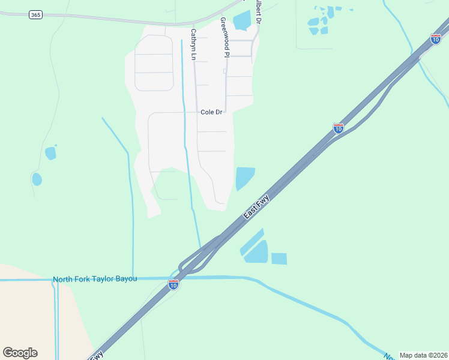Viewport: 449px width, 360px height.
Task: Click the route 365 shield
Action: tap(35, 14)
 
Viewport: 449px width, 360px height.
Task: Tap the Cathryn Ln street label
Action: tap(193, 44)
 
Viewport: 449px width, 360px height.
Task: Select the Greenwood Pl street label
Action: tap(224, 37)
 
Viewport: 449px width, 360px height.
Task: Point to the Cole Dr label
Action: tap(211, 112)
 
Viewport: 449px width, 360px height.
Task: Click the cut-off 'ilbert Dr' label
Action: tap(258, 11)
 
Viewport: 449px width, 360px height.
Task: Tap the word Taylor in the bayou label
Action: tap(109, 279)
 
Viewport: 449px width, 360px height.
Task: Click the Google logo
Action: tap(20, 353)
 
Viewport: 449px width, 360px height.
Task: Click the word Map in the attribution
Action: tap(408, 355)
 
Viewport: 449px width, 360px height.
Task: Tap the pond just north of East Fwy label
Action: tap(244, 178)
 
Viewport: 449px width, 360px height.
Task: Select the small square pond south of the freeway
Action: tap(279, 259)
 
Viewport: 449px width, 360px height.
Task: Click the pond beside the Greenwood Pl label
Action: tap(241, 20)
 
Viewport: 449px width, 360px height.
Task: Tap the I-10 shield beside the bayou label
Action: tap(173, 285)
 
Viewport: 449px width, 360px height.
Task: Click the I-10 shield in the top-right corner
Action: tap(436, 40)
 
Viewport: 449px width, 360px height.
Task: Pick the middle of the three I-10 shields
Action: tap(339, 128)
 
